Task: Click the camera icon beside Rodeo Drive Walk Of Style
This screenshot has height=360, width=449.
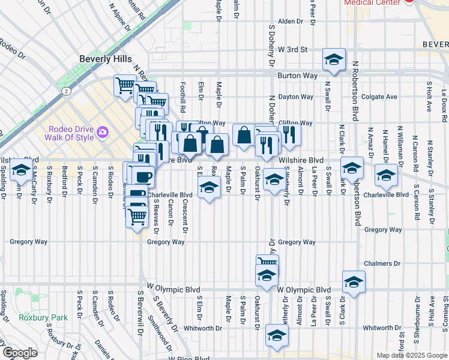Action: click(102, 131)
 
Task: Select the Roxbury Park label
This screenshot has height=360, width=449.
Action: click(37, 317)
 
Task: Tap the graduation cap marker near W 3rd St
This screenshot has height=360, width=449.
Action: click(334, 59)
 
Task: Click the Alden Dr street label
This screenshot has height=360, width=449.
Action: click(291, 21)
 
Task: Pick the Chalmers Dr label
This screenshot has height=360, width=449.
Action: click(382, 263)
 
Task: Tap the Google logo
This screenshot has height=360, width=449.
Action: click(20, 353)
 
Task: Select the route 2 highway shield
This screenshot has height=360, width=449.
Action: click(66, 91)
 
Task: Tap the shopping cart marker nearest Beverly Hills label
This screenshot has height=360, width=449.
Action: click(125, 86)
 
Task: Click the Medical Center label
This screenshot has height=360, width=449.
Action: click(372, 2)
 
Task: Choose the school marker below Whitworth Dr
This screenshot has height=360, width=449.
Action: click(276, 337)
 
